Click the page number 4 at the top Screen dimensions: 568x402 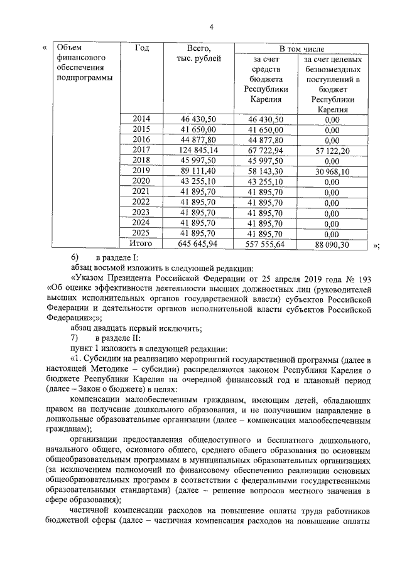pos(212,26)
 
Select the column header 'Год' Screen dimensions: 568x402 pos(142,48)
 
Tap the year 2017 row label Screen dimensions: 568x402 pos(142,150)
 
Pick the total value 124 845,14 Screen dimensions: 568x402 pos(198,150)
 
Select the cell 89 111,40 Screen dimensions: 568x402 pos(198,171)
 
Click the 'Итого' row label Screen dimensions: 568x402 pos(141,243)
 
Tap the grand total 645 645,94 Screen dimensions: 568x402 pos(198,243)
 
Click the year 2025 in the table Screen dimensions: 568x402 pos(142,232)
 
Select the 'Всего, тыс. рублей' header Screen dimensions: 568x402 pos(199,53)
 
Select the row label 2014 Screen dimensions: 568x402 pos(142,119)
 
